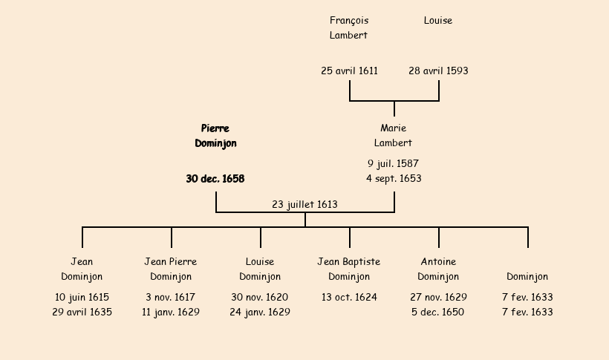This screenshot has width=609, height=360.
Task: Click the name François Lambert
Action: (349, 27)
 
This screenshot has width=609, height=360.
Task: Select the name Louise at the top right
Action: (438, 21)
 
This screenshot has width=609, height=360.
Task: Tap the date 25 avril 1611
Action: (349, 71)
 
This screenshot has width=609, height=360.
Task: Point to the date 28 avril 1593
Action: (438, 71)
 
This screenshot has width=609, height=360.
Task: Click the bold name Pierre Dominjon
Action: (215, 136)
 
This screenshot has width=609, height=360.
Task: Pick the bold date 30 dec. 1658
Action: (215, 179)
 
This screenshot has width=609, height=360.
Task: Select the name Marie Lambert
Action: (394, 136)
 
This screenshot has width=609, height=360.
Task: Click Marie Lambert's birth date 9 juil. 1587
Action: (394, 163)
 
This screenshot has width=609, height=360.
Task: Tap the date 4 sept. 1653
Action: (394, 178)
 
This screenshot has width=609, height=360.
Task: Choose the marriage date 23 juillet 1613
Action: (304, 204)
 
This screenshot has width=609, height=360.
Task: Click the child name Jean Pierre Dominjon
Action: (171, 269)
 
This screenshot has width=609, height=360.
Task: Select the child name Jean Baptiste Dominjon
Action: (349, 269)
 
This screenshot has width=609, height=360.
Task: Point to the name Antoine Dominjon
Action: (438, 269)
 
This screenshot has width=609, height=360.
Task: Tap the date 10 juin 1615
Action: (82, 297)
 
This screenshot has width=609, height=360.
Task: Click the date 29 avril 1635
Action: (82, 312)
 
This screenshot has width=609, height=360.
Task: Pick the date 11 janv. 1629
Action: (171, 312)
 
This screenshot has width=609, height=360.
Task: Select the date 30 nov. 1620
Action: (260, 297)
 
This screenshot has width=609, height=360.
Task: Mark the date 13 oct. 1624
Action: (349, 297)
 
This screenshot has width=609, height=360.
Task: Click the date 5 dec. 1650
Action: (438, 312)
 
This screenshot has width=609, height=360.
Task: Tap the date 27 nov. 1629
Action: (438, 297)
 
